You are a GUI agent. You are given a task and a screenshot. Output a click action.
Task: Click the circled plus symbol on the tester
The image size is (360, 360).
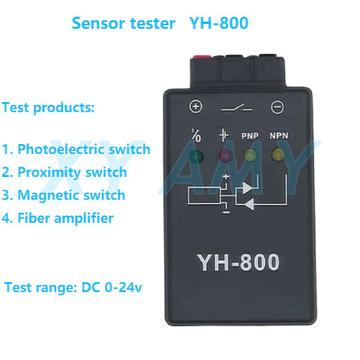[196, 106]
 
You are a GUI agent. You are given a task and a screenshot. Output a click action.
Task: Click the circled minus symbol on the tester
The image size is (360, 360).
[277, 107]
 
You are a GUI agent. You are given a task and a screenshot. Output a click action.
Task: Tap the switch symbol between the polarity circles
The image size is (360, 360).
[236, 108]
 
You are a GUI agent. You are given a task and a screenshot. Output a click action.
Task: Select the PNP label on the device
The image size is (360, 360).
[250, 136]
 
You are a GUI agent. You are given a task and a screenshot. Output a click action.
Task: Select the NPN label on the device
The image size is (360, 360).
[279, 136]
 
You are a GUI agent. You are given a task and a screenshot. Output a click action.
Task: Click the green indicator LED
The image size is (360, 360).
[196, 157]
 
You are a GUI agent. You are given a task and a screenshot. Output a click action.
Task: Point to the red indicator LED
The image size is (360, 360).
[226, 155]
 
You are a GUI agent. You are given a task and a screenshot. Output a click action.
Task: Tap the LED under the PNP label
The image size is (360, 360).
[250, 155]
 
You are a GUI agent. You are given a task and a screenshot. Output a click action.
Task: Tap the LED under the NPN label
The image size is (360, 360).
[278, 154]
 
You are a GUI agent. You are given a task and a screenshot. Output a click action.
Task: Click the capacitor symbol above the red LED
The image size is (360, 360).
[224, 135]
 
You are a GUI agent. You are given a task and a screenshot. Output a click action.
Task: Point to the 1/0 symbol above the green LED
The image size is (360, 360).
[196, 135]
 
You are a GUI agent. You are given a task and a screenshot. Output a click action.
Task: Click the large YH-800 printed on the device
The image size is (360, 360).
[238, 262]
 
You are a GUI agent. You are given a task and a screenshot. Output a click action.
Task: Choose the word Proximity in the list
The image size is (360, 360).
[49, 172]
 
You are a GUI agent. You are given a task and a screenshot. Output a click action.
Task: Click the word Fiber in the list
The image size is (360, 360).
[34, 218]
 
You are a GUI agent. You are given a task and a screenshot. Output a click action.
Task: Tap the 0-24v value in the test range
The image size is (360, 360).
[123, 287]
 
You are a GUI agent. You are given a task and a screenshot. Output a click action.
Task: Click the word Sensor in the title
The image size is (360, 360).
[99, 23]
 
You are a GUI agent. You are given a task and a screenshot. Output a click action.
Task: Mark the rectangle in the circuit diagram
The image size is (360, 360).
[204, 196]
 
